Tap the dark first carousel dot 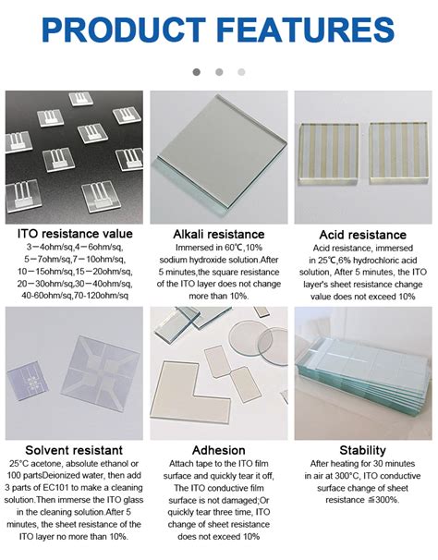[x=196, y=71]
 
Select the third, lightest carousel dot [x=241, y=71]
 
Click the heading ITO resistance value [x=73, y=235]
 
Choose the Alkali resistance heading [x=219, y=235]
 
